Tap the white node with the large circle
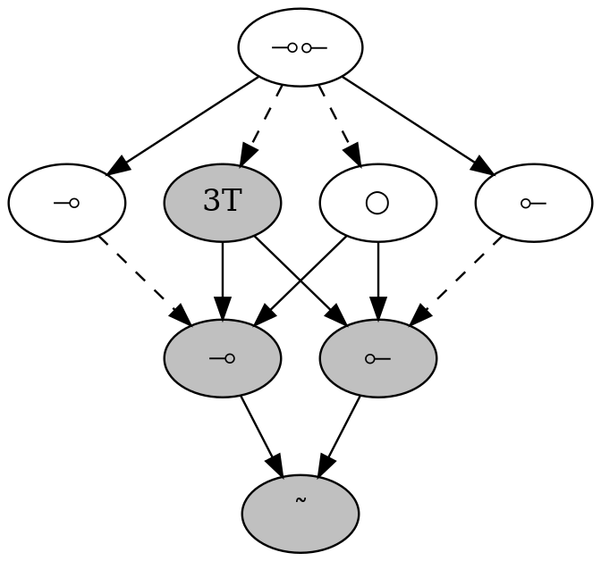[377, 203]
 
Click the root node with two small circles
[300, 47]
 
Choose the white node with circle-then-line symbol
[533, 203]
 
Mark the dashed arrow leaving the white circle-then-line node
[456, 279]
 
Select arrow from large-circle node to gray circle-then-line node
[377, 280]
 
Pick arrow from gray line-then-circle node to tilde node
[261, 436]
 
